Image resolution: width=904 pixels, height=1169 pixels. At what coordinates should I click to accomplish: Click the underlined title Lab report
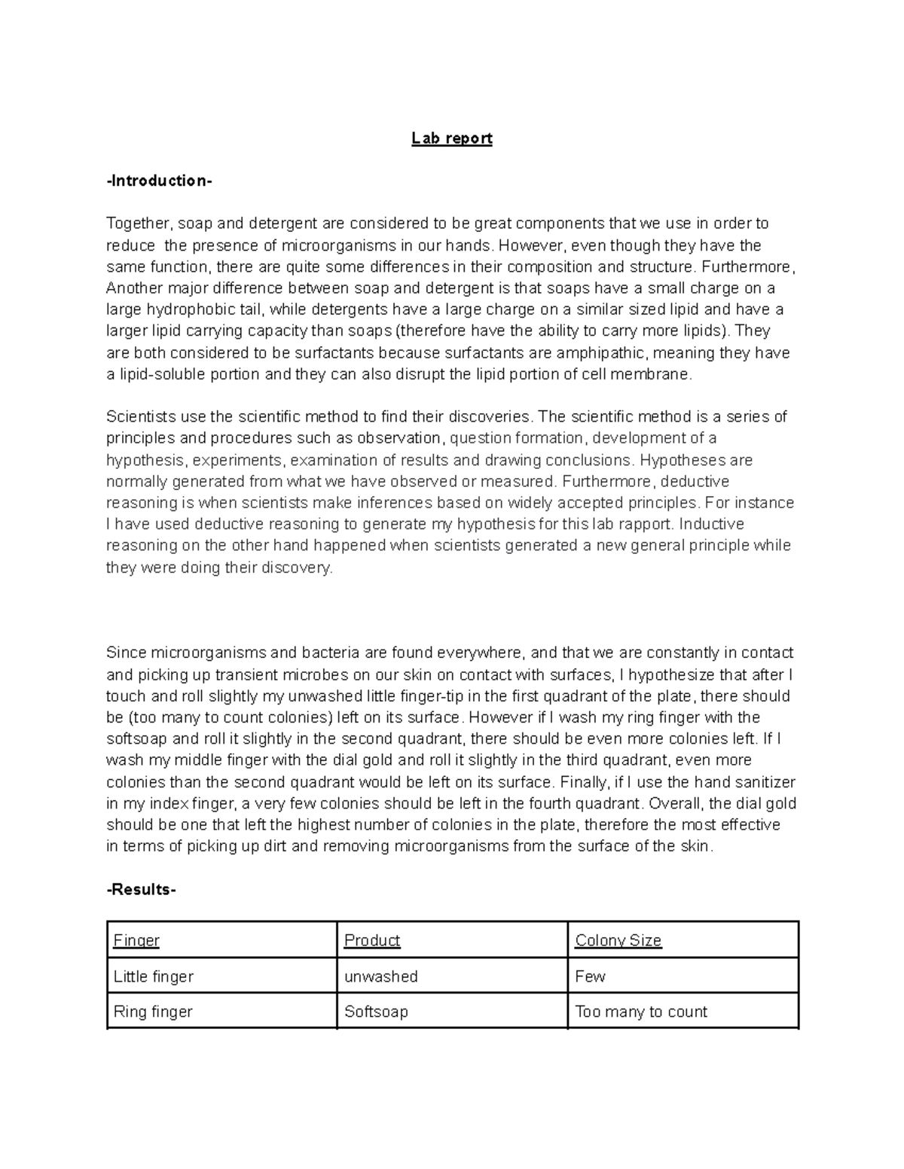[451, 139]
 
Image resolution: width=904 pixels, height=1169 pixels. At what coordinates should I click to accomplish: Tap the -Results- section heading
[141, 890]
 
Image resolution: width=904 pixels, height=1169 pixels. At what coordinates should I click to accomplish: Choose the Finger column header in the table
[136, 940]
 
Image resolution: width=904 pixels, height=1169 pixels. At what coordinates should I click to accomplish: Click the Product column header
[372, 940]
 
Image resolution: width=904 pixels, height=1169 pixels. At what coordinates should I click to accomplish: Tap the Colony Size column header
[618, 940]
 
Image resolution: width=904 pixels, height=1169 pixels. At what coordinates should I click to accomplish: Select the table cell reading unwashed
[380, 976]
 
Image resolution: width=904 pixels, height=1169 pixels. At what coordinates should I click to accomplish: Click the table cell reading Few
[590, 976]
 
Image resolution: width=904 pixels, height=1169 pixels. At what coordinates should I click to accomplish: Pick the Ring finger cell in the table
[153, 1012]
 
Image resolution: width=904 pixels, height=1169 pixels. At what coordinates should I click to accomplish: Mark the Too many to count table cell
[641, 1012]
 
